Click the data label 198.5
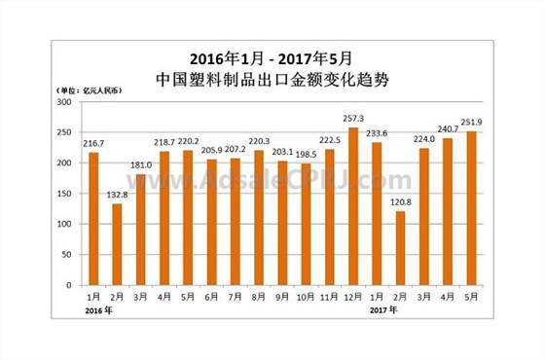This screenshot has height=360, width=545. point(306,155)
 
